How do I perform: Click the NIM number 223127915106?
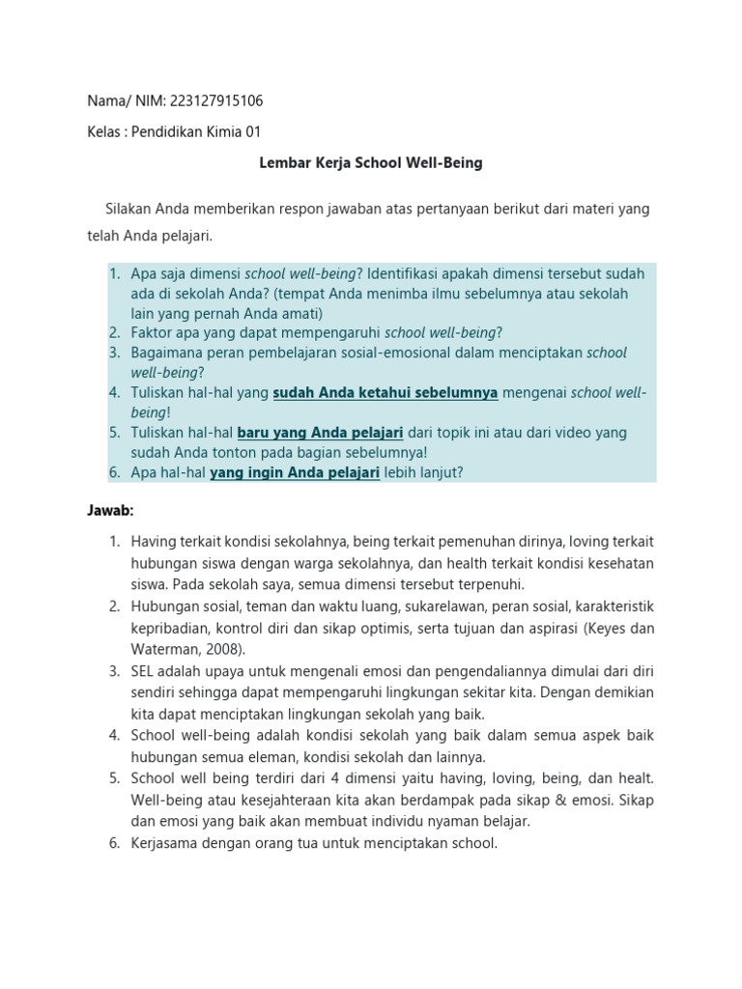pos(216,99)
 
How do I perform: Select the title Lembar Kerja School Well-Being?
pos(371,163)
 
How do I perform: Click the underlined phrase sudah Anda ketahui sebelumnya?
pos(385,392)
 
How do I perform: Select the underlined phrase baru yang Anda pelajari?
pos(320,433)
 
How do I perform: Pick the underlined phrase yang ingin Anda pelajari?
pos(295,472)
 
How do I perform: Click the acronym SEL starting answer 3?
pos(144,670)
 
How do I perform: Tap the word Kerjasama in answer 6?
pos(164,843)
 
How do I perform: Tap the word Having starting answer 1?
pos(153,541)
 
